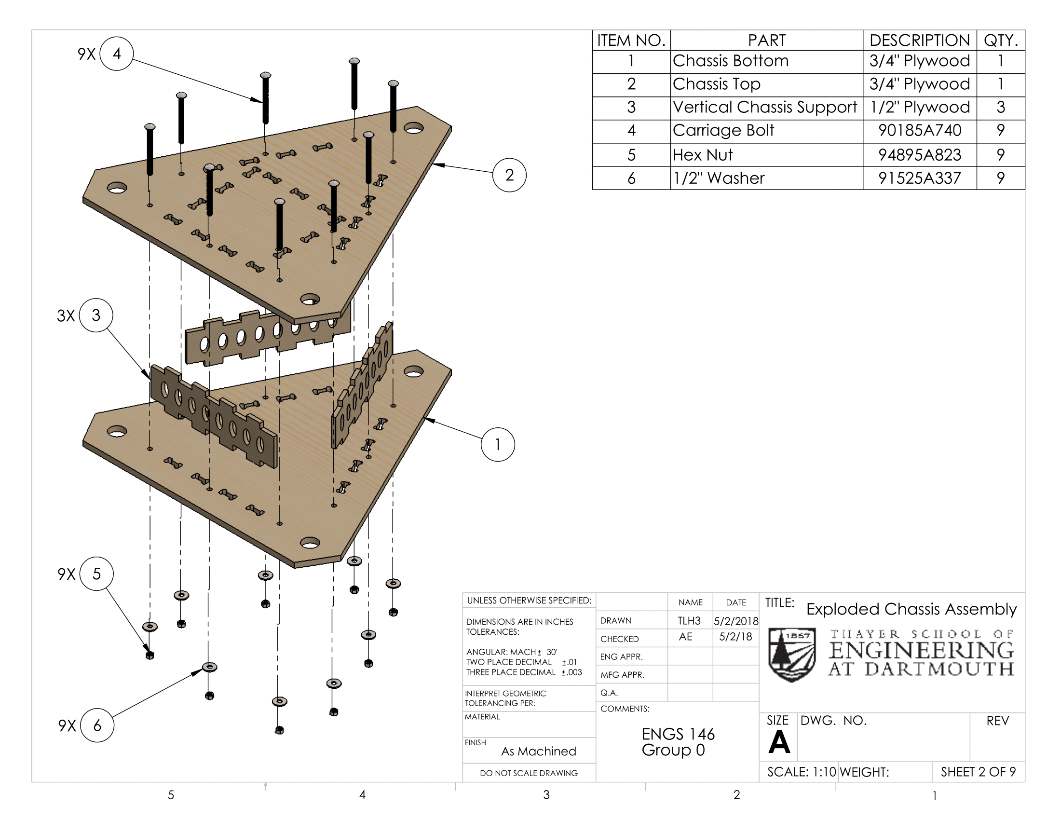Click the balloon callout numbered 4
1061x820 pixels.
(117, 54)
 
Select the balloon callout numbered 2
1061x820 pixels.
(509, 175)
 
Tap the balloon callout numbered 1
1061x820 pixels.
(498, 445)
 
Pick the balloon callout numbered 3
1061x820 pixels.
(96, 315)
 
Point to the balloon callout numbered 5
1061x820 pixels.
(96, 574)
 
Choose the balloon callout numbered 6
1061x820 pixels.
(97, 725)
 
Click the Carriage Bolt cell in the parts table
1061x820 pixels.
(723, 130)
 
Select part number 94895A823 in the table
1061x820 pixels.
(919, 155)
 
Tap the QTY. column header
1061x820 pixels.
(1000, 41)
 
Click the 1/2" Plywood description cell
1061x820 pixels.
(919, 108)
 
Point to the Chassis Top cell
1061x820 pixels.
(716, 84)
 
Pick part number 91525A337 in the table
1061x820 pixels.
(919, 178)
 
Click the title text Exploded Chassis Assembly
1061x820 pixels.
(911, 609)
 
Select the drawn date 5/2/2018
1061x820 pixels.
(736, 621)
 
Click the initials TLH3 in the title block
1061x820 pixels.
(689, 621)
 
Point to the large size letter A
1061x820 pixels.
(779, 742)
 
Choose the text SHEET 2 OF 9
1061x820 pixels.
(978, 772)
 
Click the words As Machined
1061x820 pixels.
(538, 752)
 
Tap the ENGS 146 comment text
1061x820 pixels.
(678, 734)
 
